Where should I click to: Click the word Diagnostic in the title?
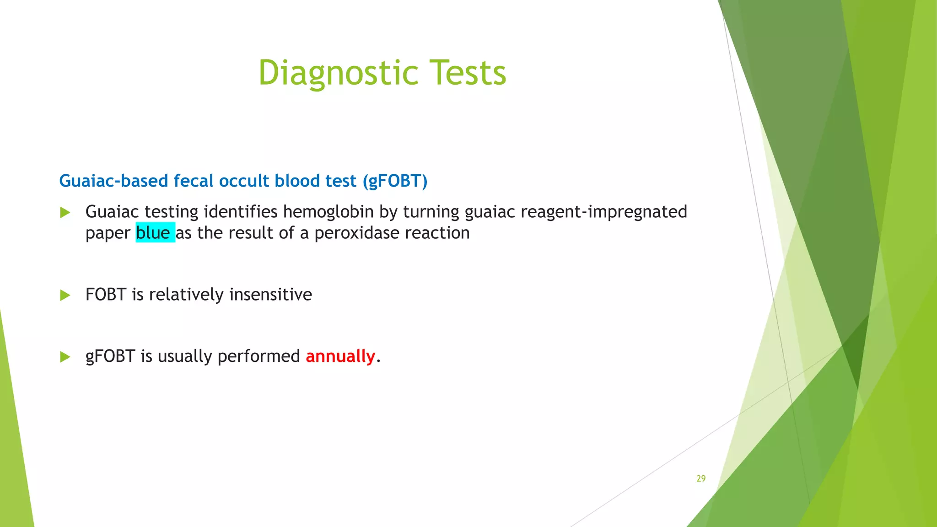coord(338,73)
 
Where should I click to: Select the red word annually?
coord(340,356)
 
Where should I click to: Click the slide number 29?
coord(701,479)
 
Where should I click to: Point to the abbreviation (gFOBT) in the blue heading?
coord(395,181)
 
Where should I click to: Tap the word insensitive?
coord(270,295)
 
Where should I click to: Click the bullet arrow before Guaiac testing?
coord(65,212)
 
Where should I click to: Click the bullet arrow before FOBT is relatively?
coord(65,295)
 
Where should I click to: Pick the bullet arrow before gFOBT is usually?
coord(65,357)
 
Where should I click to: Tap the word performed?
coord(258,356)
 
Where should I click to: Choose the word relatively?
coord(186,295)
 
